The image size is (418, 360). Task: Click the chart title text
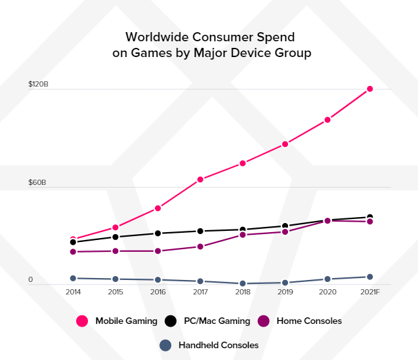[211, 44]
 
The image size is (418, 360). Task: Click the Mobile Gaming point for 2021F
[370, 89]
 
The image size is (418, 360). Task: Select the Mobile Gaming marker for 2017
[200, 179]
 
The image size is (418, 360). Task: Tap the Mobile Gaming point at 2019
[285, 144]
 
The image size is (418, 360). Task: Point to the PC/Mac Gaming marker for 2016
[158, 233]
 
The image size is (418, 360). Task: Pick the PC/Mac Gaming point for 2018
[243, 230]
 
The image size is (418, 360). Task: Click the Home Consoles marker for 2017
[200, 247]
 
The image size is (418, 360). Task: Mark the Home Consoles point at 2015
[115, 251]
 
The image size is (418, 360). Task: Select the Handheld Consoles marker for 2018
[243, 283]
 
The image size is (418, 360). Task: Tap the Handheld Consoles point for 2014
[73, 279]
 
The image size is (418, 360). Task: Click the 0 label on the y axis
[30, 280]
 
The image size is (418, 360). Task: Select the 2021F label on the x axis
[370, 292]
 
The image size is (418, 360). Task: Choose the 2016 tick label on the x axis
[158, 292]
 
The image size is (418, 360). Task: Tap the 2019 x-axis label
[285, 292]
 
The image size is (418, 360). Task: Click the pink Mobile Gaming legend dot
[83, 321]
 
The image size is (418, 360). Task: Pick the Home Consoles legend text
[309, 321]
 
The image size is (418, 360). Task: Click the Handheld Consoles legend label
[219, 345]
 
